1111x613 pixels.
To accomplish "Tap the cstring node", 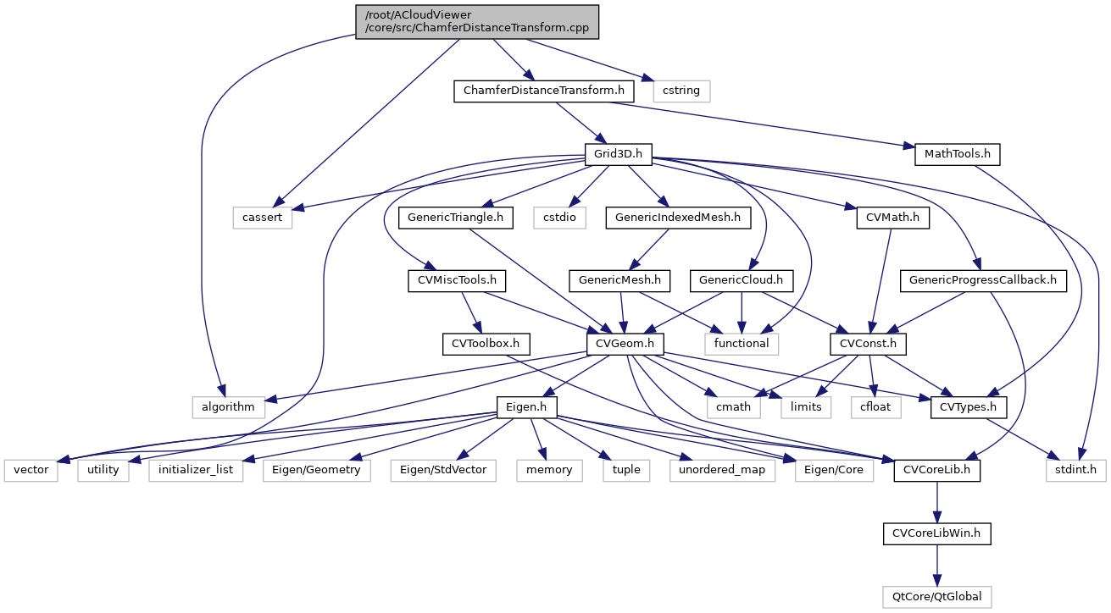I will pyautogui.click(x=681, y=89).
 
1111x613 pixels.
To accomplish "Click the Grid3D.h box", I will pyautogui.click(x=617, y=154).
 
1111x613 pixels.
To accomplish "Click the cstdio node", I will pyautogui.click(x=561, y=218).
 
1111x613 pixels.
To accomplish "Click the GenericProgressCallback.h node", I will pyautogui.click(x=988, y=279).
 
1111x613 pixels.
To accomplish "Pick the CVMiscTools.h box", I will pyautogui.click(x=458, y=279).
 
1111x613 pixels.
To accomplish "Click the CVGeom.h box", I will pyautogui.click(x=625, y=343).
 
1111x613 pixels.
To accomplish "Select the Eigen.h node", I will pyautogui.click(x=526, y=406).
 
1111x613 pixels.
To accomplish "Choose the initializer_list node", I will pyautogui.click(x=196, y=469).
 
